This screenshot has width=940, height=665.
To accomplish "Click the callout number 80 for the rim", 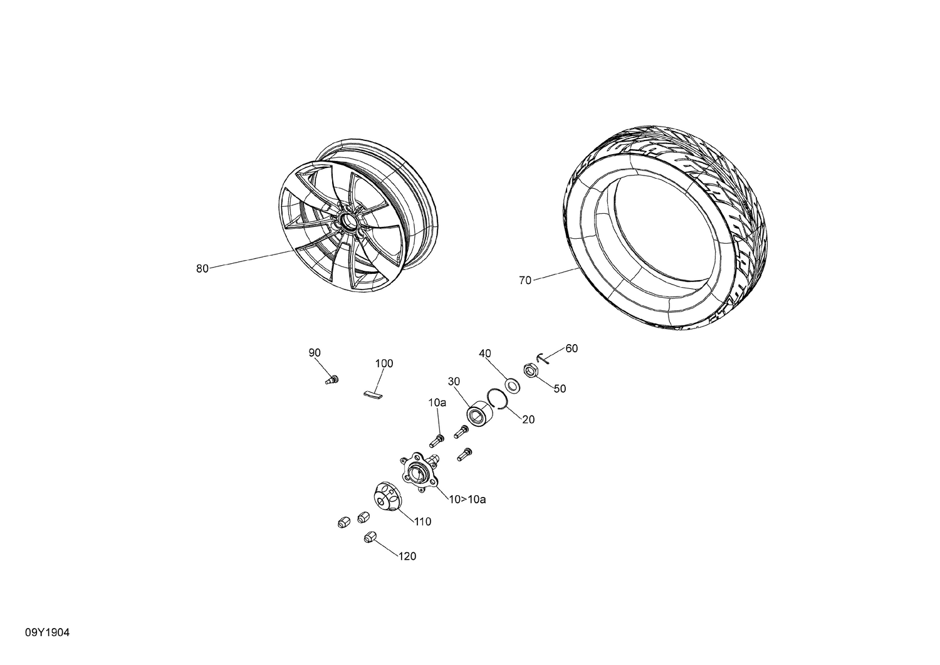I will click(x=202, y=269).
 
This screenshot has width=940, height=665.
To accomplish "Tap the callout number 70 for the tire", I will click(x=525, y=281).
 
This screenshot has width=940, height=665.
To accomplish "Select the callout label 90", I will click(x=314, y=353).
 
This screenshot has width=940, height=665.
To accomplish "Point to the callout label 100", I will click(x=384, y=364).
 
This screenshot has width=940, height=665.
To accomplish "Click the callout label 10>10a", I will click(x=467, y=500).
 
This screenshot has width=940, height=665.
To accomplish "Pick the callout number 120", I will click(x=407, y=557).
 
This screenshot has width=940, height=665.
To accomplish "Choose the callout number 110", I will click(x=422, y=521).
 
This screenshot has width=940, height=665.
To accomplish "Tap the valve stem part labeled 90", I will click(x=332, y=379).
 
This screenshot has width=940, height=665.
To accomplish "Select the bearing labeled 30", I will click(x=478, y=414).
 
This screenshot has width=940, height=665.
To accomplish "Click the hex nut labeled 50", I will click(x=530, y=371).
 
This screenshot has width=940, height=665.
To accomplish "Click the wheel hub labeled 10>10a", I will click(x=415, y=468).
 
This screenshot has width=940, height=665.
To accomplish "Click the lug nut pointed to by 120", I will click(x=369, y=537).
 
